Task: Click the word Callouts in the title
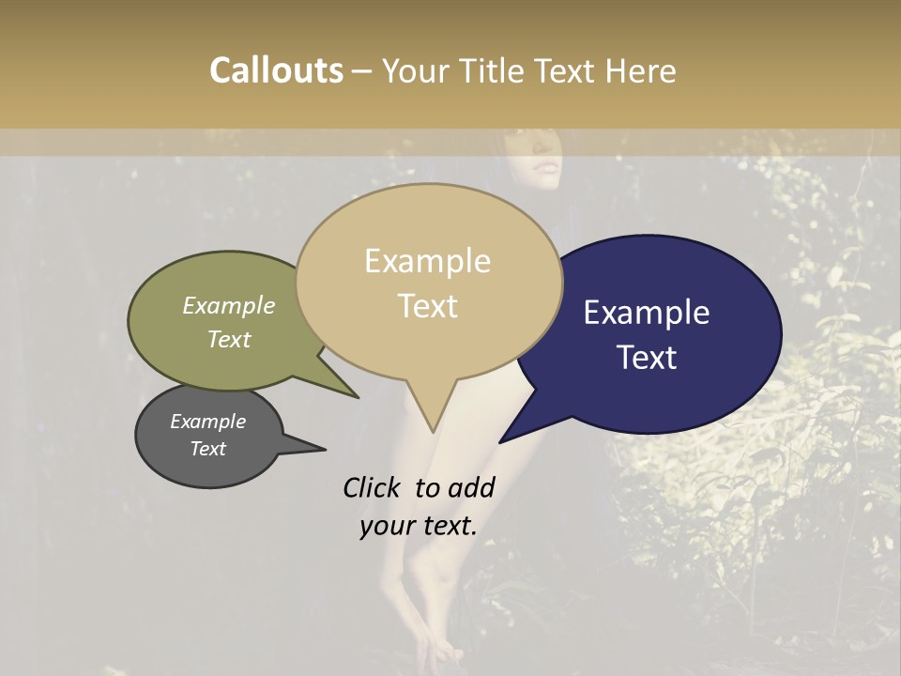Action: point(276,70)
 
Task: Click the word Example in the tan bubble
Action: point(427,261)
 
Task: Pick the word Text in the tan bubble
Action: point(428,306)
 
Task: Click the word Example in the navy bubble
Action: point(646,313)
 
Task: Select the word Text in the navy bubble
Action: point(648,358)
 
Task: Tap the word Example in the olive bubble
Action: point(228,306)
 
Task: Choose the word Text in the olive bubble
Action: point(228,339)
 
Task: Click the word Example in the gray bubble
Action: point(207,422)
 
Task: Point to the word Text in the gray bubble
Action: point(207,449)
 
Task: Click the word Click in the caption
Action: point(372,487)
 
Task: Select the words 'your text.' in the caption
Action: point(418,527)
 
